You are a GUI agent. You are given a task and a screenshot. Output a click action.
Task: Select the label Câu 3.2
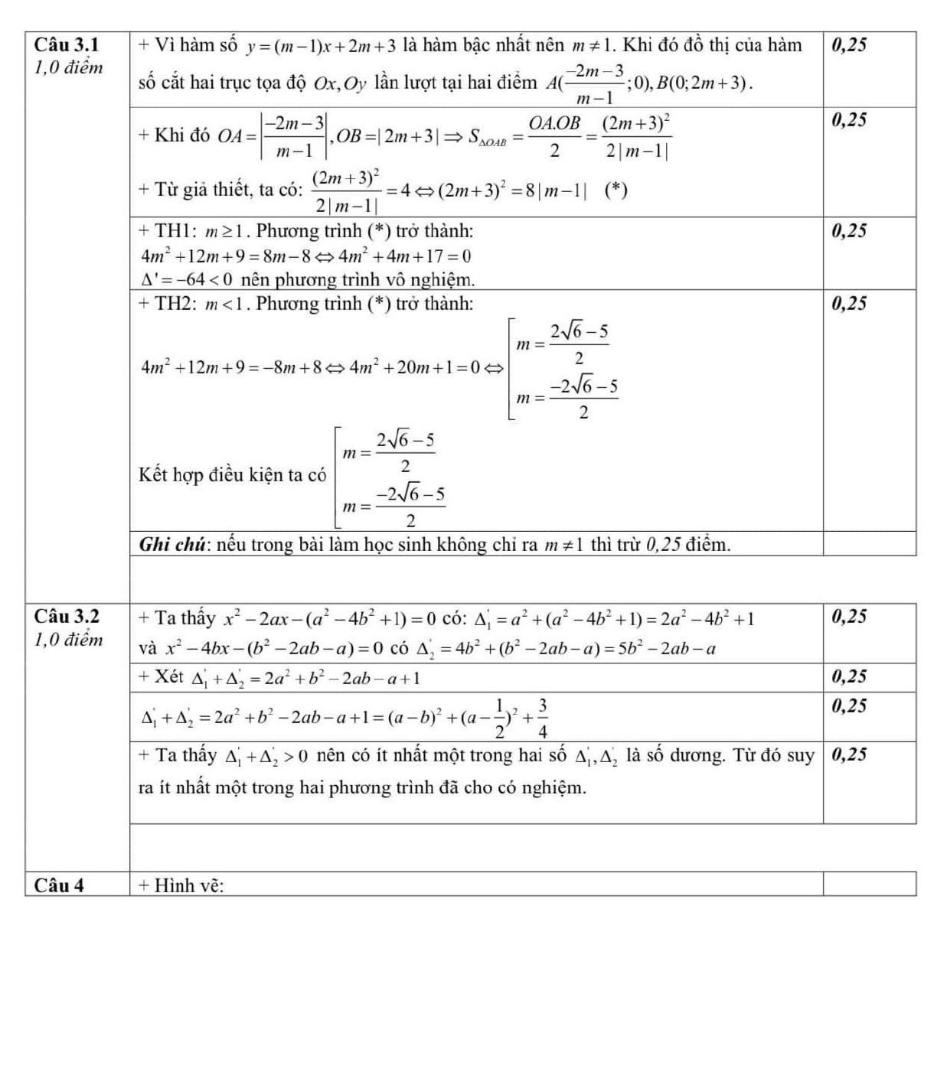pos(67,617)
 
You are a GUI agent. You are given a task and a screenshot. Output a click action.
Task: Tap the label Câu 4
pos(60,885)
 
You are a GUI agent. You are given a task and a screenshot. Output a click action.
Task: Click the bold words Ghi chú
pos(175,545)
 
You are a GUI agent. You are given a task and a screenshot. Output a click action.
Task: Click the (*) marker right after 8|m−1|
pos(615,190)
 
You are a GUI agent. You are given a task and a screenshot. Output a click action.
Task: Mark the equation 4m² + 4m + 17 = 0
pos(405,256)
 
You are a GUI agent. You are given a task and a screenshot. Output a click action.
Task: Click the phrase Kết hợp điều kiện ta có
pos(232,475)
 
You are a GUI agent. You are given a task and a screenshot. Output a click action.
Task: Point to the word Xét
pos(169,677)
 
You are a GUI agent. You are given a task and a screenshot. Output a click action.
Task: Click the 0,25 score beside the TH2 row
pos(849,304)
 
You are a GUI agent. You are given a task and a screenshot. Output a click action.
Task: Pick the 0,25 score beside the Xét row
pos(849,677)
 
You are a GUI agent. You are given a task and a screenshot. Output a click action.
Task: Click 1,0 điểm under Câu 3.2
pos(69,640)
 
